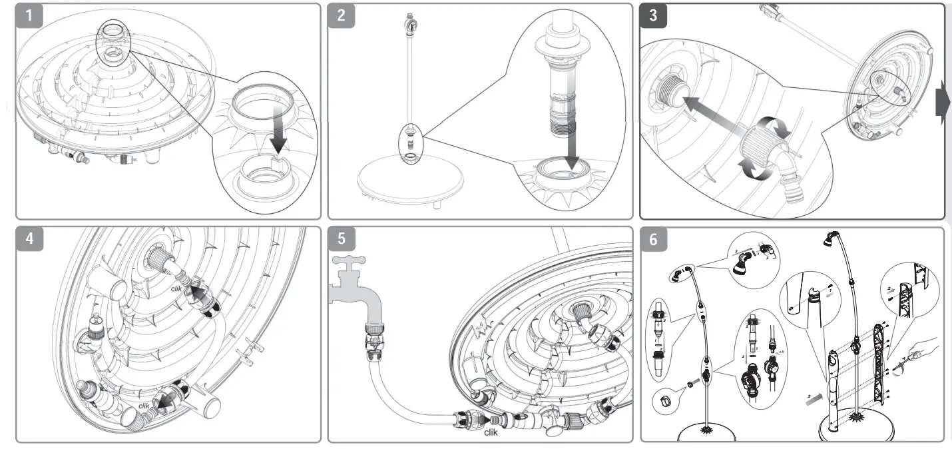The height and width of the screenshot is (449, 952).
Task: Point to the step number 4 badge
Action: pyautogui.click(x=30, y=240)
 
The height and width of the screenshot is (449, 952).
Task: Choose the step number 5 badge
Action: pyautogui.click(x=342, y=240)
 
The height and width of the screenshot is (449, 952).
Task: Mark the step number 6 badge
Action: pyautogui.click(x=653, y=240)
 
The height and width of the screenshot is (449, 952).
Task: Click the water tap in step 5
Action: pyautogui.click(x=359, y=280)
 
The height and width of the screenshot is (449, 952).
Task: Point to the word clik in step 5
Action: pyautogui.click(x=491, y=432)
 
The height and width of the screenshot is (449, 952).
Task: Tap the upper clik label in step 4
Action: pyautogui.click(x=176, y=288)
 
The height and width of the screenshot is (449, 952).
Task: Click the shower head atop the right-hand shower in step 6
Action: pyautogui.click(x=832, y=238)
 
